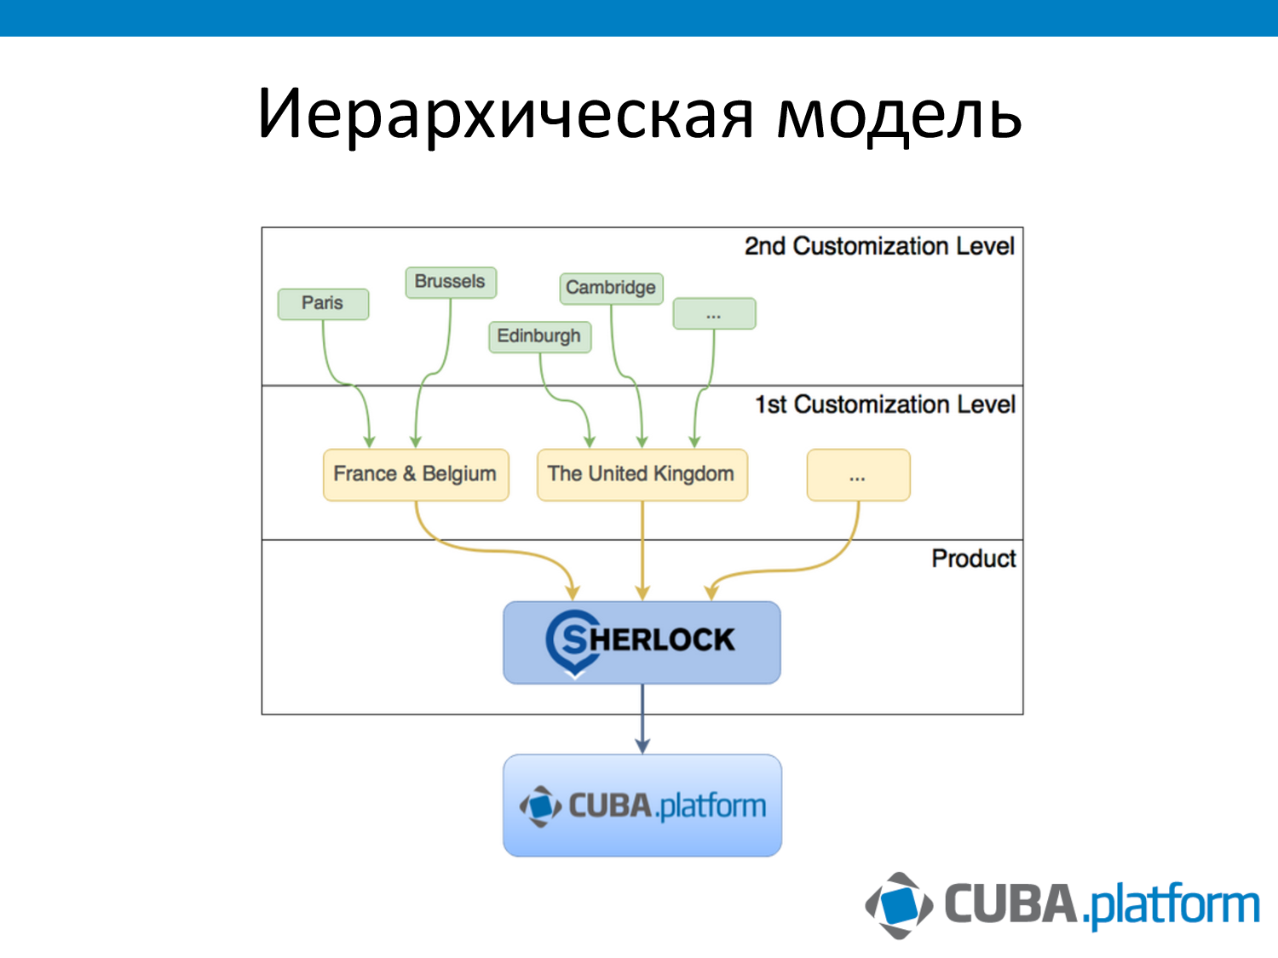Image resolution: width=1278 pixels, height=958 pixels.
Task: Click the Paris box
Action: pyautogui.click(x=323, y=304)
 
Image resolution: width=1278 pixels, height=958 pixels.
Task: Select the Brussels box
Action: pyautogui.click(x=450, y=282)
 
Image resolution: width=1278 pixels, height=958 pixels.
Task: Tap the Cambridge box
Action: pyautogui.click(x=611, y=288)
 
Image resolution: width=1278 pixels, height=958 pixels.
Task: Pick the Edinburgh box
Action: pyautogui.click(x=538, y=336)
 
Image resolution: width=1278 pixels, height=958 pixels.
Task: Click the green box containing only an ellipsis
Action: pyautogui.click(x=714, y=313)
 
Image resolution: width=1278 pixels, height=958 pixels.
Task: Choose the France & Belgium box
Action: pyautogui.click(x=415, y=474)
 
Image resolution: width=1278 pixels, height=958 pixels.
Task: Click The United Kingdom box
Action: pyautogui.click(x=642, y=474)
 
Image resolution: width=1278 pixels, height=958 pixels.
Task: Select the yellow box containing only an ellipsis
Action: pyautogui.click(x=858, y=475)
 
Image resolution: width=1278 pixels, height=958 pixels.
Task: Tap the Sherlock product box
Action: pyautogui.click(x=642, y=642)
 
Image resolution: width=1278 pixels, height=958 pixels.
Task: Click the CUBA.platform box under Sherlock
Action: pyautogui.click(x=642, y=805)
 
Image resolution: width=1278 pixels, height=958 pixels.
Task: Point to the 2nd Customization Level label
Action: pyautogui.click(x=879, y=246)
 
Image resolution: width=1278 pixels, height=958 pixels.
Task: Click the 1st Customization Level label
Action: pyautogui.click(x=884, y=404)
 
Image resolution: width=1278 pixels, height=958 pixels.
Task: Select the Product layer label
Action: pyautogui.click(x=973, y=559)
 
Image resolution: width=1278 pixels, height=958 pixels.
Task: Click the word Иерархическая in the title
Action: pyautogui.click(x=505, y=114)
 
